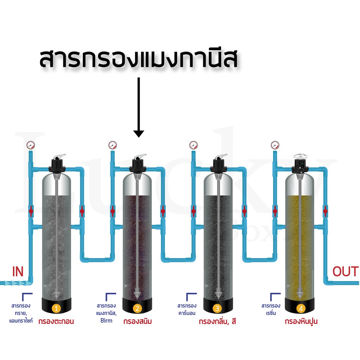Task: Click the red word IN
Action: tap(18, 271)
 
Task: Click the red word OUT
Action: tap(346, 271)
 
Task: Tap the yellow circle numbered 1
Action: tap(56, 308)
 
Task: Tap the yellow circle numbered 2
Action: tap(137, 308)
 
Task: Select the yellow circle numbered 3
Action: tap(217, 308)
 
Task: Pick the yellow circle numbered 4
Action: tap(301, 308)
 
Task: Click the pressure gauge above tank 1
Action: tap(31, 145)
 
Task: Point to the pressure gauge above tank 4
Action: tap(275, 145)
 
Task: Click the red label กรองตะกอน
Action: tap(56, 321)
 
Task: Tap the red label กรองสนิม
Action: tap(137, 321)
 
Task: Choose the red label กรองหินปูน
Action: tap(301, 321)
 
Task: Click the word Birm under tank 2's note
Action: tap(106, 321)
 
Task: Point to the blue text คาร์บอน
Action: tap(187, 313)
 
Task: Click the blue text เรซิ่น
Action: tap(271, 313)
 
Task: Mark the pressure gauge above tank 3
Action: tap(194, 145)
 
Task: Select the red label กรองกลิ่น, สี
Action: tap(217, 321)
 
